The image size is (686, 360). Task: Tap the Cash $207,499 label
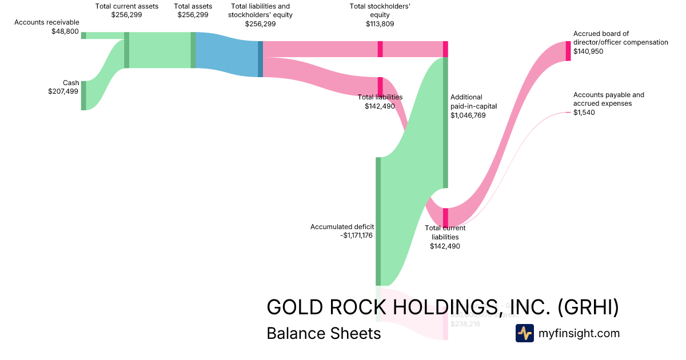(x=63, y=87)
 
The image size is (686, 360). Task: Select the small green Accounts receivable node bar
(x=83, y=35)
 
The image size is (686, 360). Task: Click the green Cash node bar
(x=83, y=95)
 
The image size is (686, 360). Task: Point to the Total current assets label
(x=126, y=10)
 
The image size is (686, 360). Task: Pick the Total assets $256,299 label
(x=193, y=10)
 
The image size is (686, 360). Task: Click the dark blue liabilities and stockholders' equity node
(x=260, y=59)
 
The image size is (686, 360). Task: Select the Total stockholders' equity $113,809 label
(x=380, y=15)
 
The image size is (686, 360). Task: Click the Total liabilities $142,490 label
(x=380, y=101)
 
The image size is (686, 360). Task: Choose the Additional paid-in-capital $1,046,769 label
(x=474, y=106)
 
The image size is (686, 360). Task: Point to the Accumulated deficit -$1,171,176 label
(x=342, y=231)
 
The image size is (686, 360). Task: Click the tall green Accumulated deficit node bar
(x=378, y=221)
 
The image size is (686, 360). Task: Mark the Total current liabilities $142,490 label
(x=445, y=237)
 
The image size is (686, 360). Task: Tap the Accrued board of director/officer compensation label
(x=620, y=42)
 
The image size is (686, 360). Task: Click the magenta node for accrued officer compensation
(x=568, y=51)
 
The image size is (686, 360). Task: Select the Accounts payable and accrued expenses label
(x=609, y=103)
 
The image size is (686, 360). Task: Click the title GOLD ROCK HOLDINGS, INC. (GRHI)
(x=442, y=307)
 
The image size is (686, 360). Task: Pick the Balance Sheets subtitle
(x=324, y=333)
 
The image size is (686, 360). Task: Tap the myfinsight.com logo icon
(x=524, y=333)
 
